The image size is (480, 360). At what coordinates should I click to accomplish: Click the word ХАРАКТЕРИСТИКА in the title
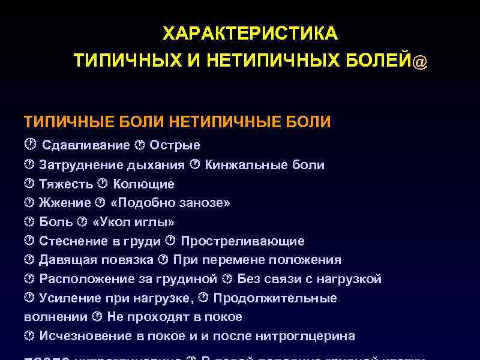[250, 34]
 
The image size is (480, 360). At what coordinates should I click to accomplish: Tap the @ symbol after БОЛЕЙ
[420, 62]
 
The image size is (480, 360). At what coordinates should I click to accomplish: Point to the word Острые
[175, 145]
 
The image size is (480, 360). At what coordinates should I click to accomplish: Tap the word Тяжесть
[66, 184]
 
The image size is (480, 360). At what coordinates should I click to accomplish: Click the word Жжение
[65, 203]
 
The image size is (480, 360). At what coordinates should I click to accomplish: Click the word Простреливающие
[242, 241]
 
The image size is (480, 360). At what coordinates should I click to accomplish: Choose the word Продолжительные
[275, 299]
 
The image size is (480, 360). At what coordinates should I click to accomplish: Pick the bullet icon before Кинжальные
[195, 164]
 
